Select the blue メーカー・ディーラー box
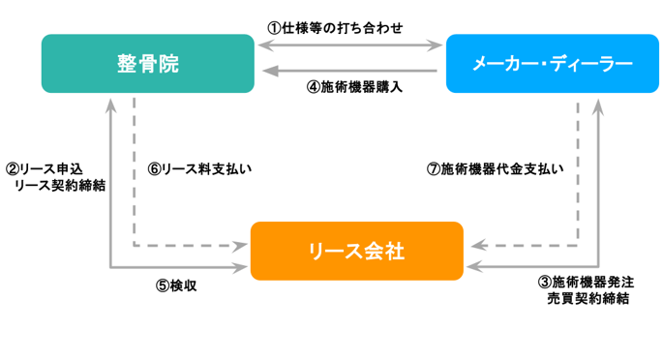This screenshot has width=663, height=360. (x=551, y=64)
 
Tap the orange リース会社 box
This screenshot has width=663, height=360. (x=356, y=251)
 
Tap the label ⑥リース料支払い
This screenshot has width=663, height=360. (x=199, y=168)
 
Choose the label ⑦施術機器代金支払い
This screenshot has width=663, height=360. (x=496, y=168)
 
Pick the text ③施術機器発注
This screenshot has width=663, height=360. (x=587, y=282)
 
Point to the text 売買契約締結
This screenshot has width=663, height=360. (x=588, y=298)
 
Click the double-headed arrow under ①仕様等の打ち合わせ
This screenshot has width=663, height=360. (x=348, y=45)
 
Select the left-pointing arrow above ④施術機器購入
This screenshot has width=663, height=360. (x=348, y=69)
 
